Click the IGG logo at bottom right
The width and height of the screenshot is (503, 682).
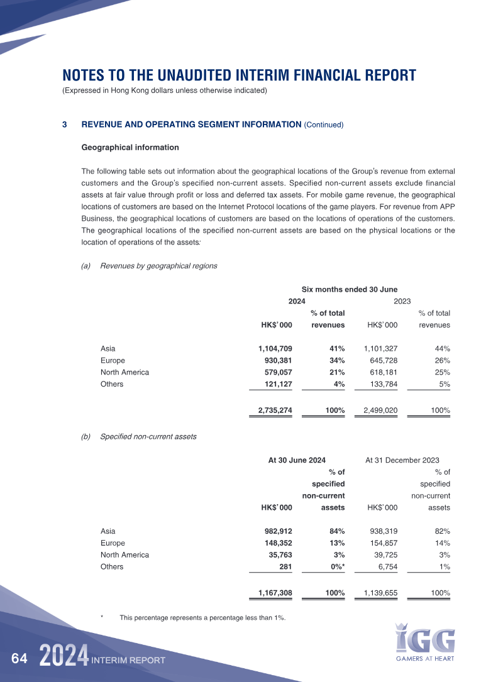tap(426, 641)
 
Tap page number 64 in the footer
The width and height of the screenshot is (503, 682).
tap(19, 659)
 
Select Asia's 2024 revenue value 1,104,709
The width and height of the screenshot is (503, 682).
tap(271, 348)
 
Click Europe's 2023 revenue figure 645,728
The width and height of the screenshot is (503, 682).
tap(380, 360)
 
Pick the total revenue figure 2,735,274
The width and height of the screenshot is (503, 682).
tap(271, 410)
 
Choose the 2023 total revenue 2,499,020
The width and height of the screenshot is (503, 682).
tap(377, 410)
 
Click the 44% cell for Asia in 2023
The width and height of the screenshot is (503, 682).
tap(441, 348)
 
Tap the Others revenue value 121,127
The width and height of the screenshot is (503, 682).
tap(274, 384)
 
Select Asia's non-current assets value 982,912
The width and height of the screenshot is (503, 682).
tap(274, 531)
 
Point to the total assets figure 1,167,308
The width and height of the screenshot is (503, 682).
tap(271, 593)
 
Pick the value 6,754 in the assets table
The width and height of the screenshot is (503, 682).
tap(384, 566)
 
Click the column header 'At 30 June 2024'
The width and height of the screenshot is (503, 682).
tap(297, 460)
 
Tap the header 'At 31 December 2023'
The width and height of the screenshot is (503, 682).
tap(402, 460)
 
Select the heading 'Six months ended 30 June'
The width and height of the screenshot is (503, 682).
tap(350, 289)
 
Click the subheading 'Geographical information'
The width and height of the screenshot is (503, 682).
tap(130, 148)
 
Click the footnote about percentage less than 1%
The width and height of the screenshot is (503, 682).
tap(202, 617)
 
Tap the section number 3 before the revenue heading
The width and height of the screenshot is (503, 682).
tap(65, 124)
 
